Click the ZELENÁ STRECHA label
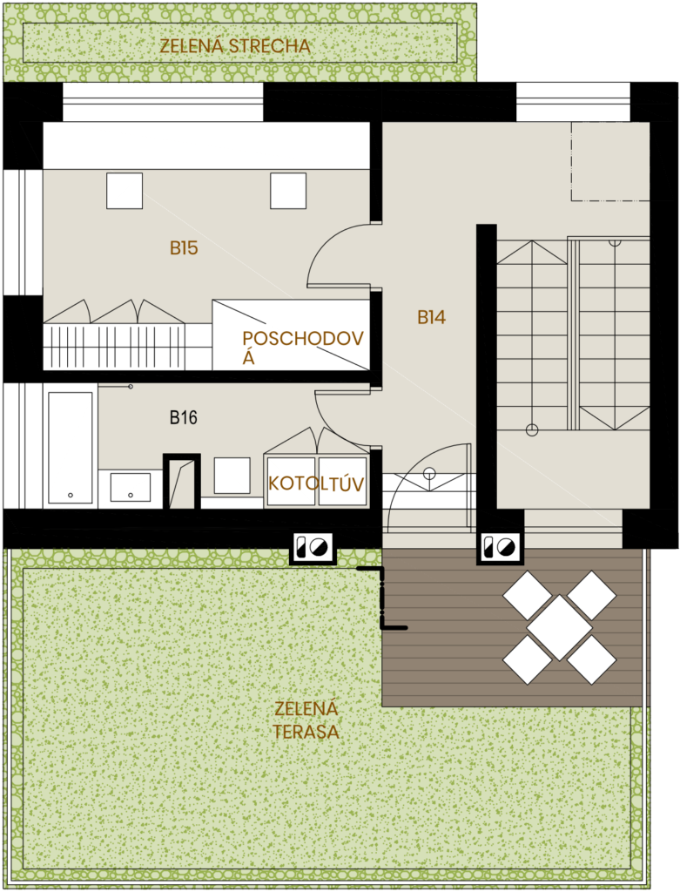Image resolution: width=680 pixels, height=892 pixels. (x=235, y=46)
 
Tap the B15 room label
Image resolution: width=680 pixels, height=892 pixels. (x=184, y=248)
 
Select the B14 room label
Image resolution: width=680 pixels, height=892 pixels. (x=431, y=318)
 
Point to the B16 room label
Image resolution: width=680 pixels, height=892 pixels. (x=183, y=418)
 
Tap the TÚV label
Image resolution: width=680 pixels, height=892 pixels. (x=344, y=483)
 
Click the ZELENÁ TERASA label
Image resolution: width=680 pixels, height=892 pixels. (x=306, y=720)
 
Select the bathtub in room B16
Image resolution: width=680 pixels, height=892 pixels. (x=71, y=447)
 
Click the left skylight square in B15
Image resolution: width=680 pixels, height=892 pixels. (x=125, y=191)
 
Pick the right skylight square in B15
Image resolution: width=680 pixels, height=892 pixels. (x=287, y=191)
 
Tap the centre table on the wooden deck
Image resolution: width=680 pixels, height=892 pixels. (x=559, y=627)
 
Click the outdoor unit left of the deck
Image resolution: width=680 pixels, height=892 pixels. (x=313, y=548)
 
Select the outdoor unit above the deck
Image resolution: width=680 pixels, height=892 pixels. (x=499, y=547)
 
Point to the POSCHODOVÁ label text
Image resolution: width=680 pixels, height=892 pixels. (x=289, y=347)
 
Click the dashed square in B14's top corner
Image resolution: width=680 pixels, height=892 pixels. (x=610, y=161)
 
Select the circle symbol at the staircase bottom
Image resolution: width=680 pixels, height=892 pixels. (x=532, y=429)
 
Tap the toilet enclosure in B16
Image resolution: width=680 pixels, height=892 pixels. (x=182, y=481)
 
